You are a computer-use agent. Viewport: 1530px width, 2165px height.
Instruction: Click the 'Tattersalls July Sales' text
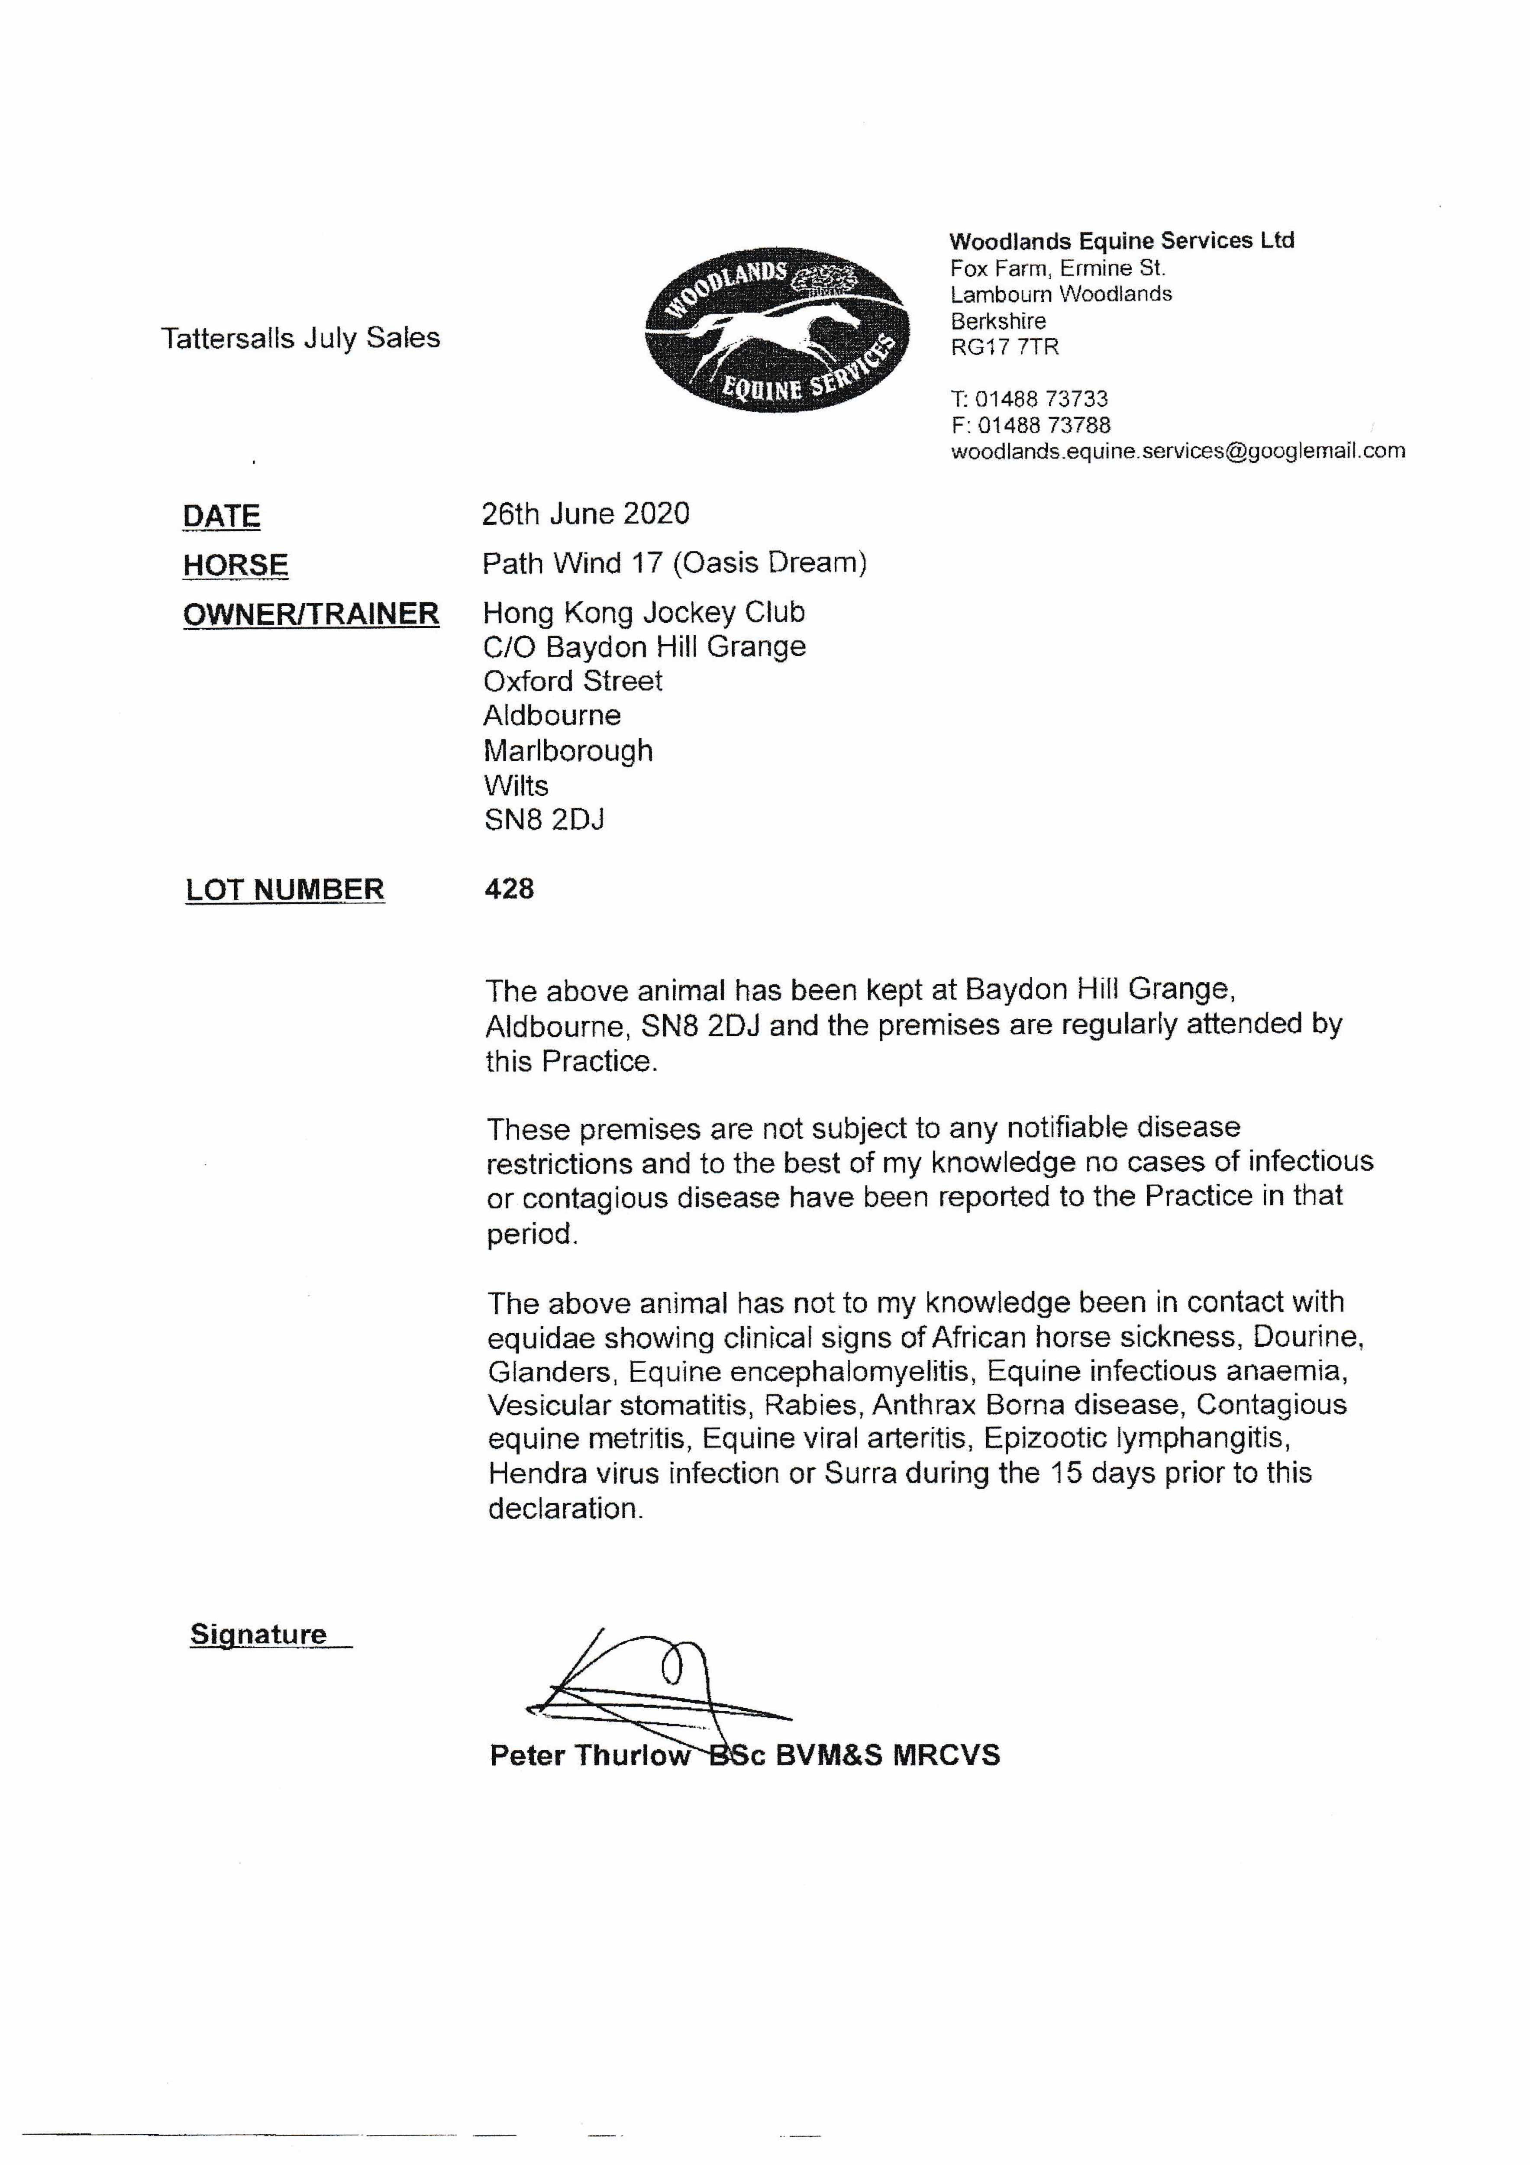300,338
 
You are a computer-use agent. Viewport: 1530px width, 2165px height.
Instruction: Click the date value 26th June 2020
585,514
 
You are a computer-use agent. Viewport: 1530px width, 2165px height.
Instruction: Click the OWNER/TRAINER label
311,614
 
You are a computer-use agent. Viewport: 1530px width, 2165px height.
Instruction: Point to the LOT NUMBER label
285,889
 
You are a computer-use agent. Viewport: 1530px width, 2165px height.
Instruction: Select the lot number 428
509,888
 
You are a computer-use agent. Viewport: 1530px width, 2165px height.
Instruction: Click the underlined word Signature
258,1634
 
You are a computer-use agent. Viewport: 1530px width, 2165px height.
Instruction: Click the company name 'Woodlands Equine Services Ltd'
1121,240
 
